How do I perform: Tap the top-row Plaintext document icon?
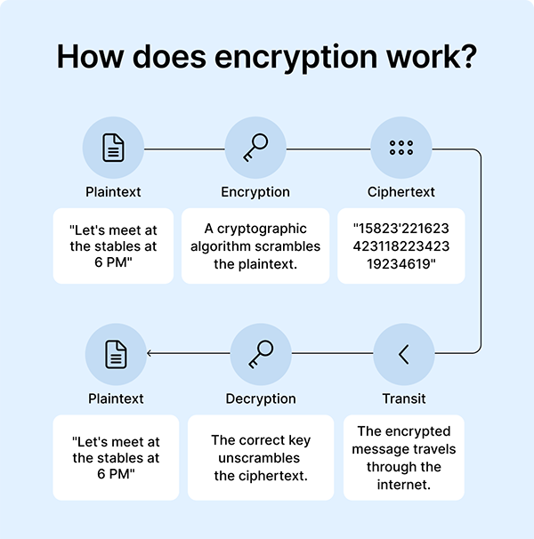[113, 149]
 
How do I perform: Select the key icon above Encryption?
[255, 149]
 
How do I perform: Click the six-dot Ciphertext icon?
[401, 149]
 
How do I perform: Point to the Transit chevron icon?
[404, 355]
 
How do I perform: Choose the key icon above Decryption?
[261, 355]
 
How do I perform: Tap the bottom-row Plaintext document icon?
[116, 355]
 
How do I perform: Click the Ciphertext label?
[401, 192]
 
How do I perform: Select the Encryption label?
[255, 192]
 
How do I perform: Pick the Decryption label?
[261, 398]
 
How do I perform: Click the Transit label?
[404, 398]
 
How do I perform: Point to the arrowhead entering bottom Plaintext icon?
[150, 354]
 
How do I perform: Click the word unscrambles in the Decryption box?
[261, 458]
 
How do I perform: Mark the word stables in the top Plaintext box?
[114, 246]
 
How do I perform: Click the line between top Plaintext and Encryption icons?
[184, 149]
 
